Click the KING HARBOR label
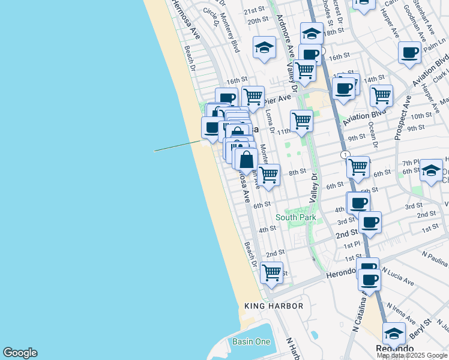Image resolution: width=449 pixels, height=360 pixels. pyautogui.click(x=274, y=306)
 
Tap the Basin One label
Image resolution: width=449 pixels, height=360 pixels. pyautogui.click(x=252, y=341)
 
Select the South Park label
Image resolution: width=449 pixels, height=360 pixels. pyautogui.click(x=296, y=217)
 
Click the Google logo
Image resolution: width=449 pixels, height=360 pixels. pyautogui.click(x=20, y=353)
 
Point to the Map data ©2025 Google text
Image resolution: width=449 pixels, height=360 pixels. pyautogui.click(x=412, y=355)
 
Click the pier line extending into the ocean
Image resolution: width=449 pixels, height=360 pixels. pyautogui.click(x=178, y=146)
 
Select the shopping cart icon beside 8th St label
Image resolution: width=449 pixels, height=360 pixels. pyautogui.click(x=269, y=175)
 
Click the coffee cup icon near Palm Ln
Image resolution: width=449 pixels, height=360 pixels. pyautogui.click(x=410, y=52)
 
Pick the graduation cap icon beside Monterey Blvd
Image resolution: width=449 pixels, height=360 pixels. pyautogui.click(x=264, y=47)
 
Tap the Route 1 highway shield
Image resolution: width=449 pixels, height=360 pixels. pyautogui.click(x=345, y=155)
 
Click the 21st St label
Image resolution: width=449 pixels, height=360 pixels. pyautogui.click(x=254, y=10)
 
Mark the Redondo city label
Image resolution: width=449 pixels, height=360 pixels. pyautogui.click(x=395, y=349)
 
